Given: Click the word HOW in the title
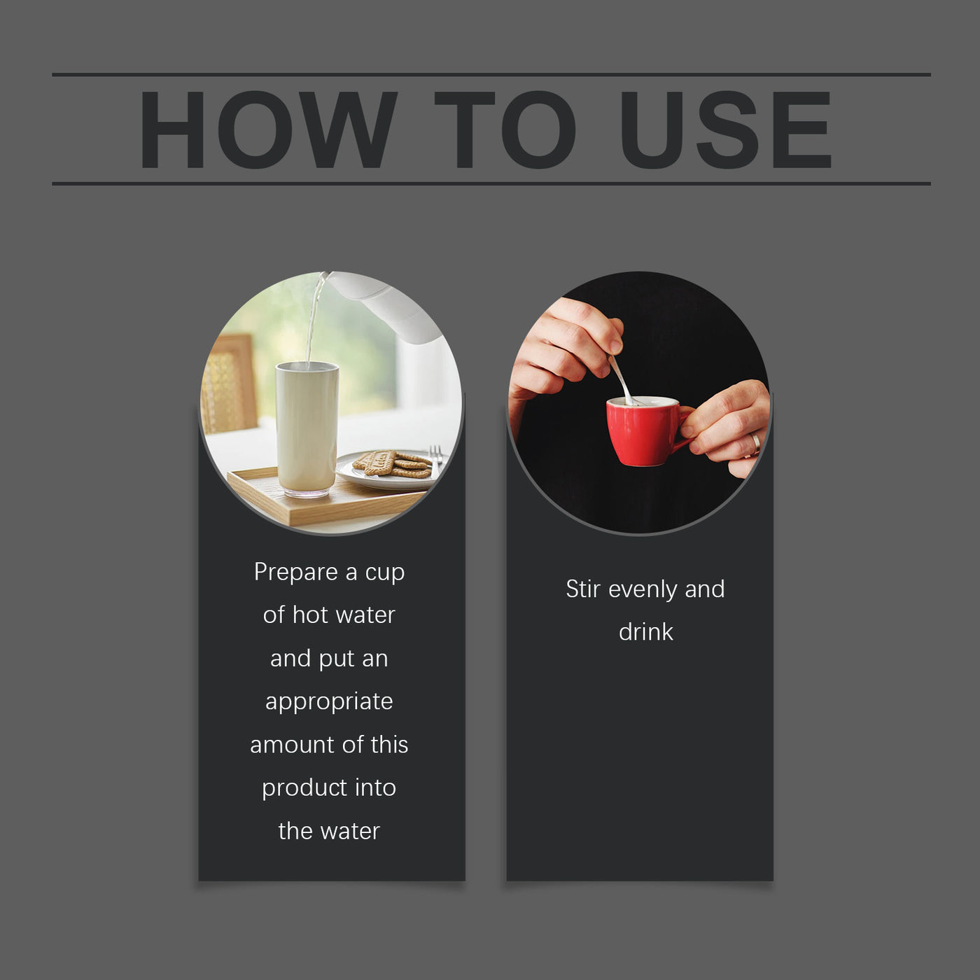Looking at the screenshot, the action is click(x=268, y=129).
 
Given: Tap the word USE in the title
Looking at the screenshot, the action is click(x=726, y=129).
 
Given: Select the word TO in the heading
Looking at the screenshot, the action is click(x=505, y=129).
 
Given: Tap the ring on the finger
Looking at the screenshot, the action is click(x=756, y=444).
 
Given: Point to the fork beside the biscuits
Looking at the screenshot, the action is click(x=436, y=461).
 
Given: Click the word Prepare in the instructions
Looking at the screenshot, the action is click(x=296, y=572).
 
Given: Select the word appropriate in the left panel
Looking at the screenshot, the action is click(x=329, y=702).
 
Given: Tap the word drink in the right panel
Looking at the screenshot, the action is click(x=646, y=631).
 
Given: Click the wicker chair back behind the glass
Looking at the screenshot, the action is click(x=229, y=384).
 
